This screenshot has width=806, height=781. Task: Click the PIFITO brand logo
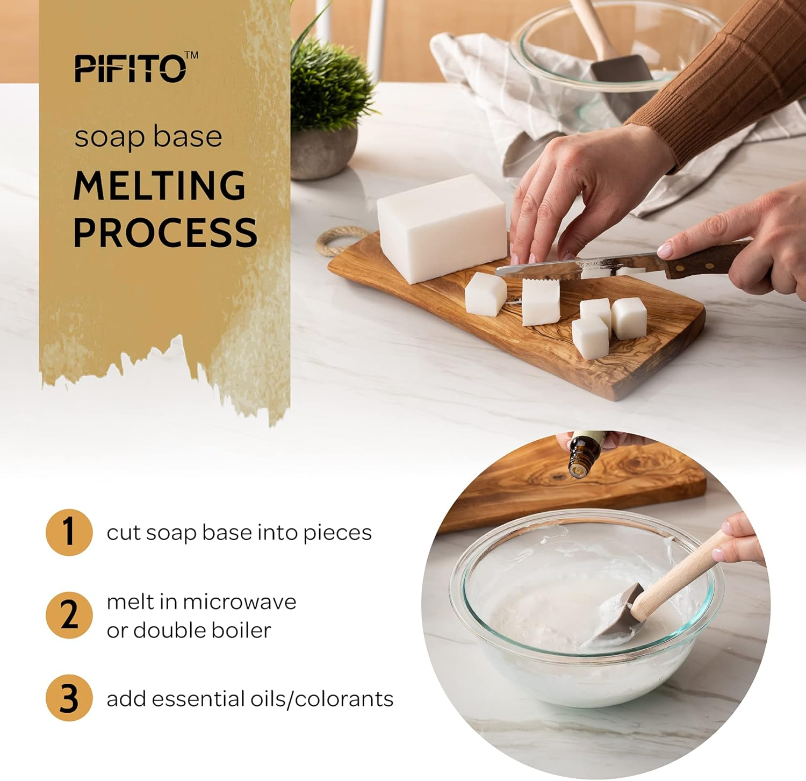click(x=131, y=69)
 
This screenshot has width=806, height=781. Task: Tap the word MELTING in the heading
click(x=160, y=185)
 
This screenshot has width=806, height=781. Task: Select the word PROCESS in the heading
click(x=165, y=232)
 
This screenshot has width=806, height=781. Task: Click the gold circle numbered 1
click(x=69, y=532)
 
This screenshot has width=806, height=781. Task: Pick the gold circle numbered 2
click(x=69, y=615)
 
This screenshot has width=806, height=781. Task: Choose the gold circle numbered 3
click(x=69, y=698)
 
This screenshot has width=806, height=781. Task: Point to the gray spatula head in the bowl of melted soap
click(x=613, y=618)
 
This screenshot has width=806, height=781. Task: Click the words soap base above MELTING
click(x=148, y=137)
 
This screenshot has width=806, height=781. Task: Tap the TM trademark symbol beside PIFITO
click(x=191, y=55)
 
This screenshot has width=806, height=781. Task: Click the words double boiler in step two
click(x=201, y=630)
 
